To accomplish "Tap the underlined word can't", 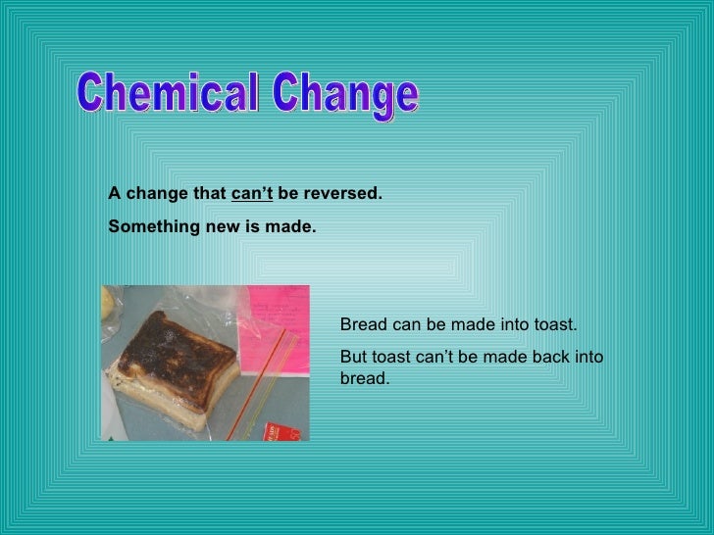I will click(252, 194).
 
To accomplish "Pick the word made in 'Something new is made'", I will click(293, 226).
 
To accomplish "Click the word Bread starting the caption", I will click(361, 325).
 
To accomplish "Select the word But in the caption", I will click(353, 357).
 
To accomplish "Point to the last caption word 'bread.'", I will click(364, 378).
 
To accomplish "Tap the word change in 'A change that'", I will click(157, 194).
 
